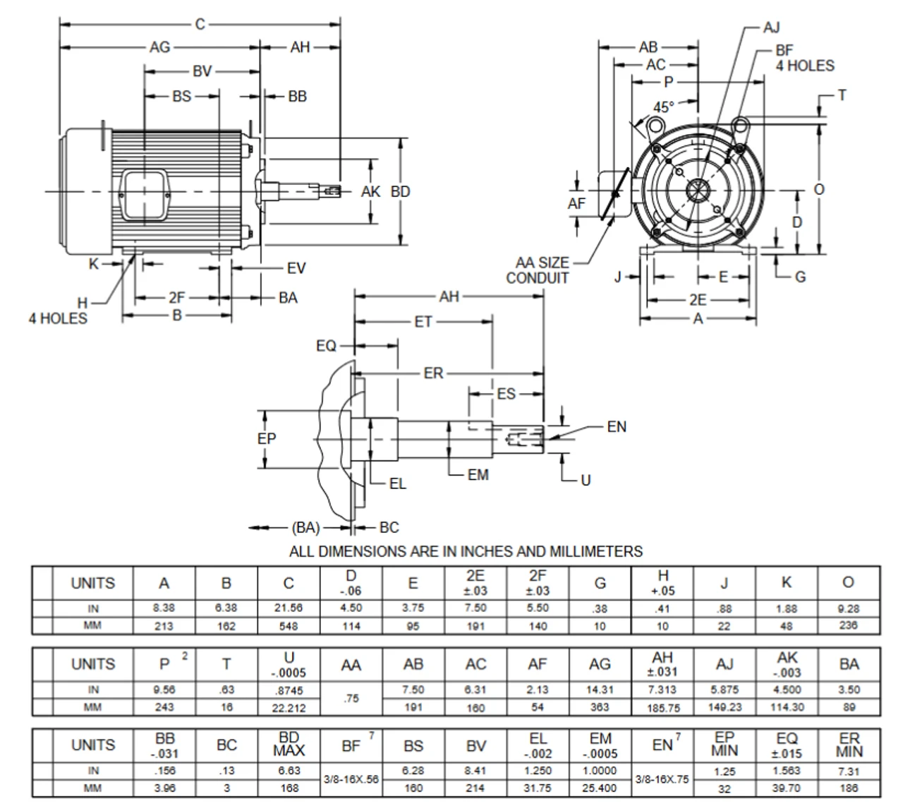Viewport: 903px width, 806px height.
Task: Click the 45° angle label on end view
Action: tap(663, 107)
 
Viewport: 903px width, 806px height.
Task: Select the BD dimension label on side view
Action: tap(401, 191)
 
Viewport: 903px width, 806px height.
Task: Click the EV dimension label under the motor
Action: tap(296, 268)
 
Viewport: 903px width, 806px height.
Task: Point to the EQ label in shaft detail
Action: tap(326, 346)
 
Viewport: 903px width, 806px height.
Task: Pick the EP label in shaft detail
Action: tap(267, 438)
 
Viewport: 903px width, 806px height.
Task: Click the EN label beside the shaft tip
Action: tap(616, 426)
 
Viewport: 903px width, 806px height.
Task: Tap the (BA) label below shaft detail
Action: tap(305, 527)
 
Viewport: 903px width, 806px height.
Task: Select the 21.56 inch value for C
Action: tap(289, 608)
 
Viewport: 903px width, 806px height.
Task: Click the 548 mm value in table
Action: tap(289, 626)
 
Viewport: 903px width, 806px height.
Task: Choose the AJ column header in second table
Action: tap(725, 664)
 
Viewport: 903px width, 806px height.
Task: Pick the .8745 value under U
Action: tap(289, 690)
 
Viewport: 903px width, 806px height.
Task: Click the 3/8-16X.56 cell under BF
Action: tap(351, 779)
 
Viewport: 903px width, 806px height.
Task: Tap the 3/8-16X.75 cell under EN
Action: tap(662, 779)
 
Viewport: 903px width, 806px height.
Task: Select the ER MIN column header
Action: tap(849, 745)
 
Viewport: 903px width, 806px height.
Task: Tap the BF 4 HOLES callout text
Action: tap(804, 58)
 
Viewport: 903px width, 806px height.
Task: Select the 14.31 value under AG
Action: tap(600, 690)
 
